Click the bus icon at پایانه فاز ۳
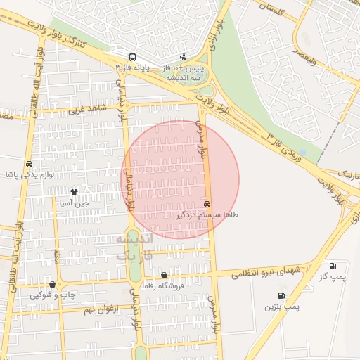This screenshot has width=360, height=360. tap(132, 57)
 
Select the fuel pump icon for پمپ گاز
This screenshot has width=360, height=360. tap(333, 266)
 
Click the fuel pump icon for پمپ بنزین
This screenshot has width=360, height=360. tap(281, 295)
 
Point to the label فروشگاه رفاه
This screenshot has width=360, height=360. tap(162, 286)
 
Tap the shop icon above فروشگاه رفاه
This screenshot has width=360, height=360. tap(164, 276)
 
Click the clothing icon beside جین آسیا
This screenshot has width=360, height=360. tap(74, 191)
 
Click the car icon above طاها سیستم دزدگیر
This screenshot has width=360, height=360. tap(206, 202)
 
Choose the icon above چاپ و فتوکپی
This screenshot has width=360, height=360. tap(52, 284)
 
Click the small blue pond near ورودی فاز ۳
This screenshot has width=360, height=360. tap(302, 152)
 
